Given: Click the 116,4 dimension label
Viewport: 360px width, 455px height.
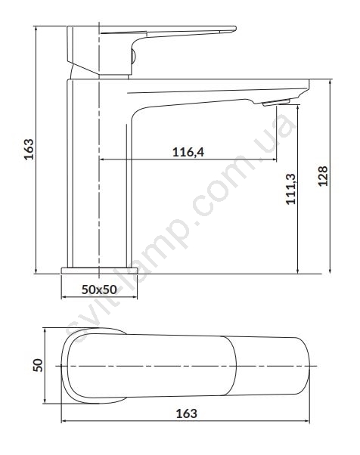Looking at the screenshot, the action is coord(188,152).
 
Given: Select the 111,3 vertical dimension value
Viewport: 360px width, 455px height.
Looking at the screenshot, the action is coord(290,189).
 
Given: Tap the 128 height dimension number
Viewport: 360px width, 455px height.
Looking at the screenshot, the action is coord(323,176).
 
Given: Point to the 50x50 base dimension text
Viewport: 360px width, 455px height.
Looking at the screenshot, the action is coord(99,289).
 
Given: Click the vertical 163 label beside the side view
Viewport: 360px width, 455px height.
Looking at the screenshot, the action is coord(29,149).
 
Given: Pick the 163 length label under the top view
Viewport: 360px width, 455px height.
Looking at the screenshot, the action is coord(186,413).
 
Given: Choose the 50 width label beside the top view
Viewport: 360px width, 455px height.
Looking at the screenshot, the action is coord(38,365).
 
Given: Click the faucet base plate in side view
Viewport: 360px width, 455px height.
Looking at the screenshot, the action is coord(99,271).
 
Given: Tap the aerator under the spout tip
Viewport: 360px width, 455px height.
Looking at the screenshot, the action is coord(276,102).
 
